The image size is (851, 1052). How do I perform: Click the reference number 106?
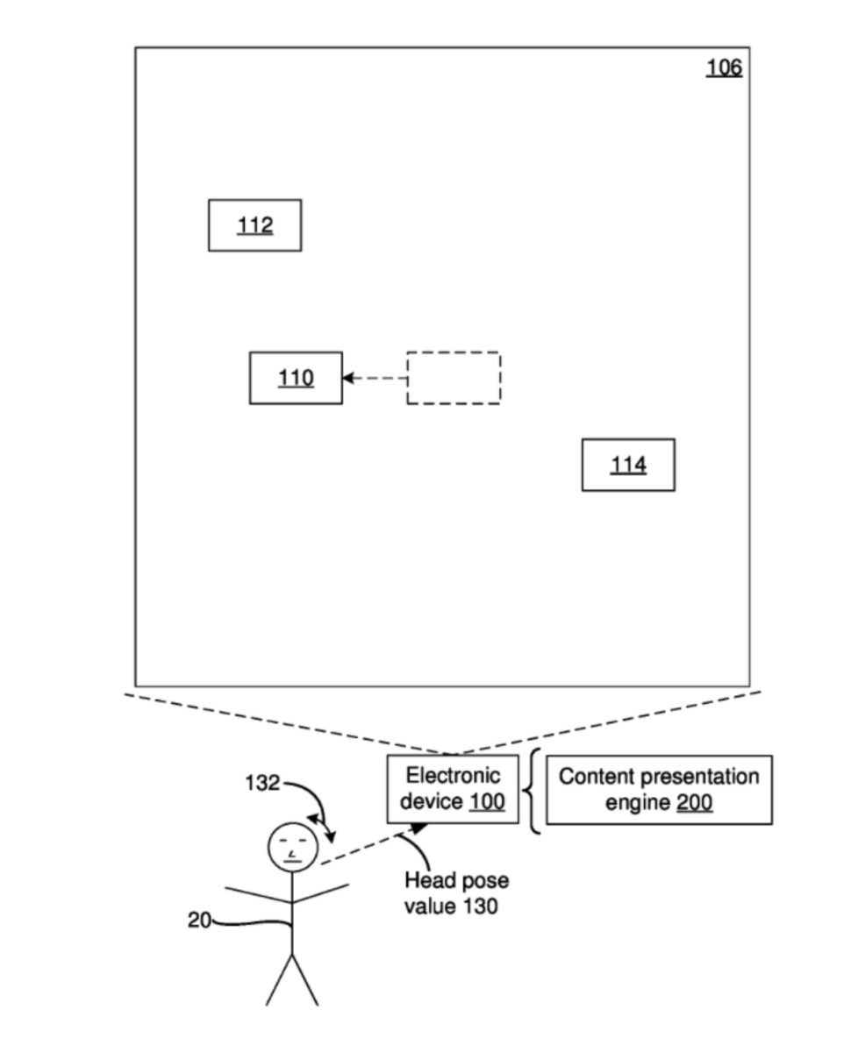click(724, 68)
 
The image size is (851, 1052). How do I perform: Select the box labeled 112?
click(254, 225)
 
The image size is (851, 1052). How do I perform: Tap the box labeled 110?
click(296, 378)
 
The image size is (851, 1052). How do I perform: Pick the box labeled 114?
click(628, 465)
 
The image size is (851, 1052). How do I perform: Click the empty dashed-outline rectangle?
click(454, 378)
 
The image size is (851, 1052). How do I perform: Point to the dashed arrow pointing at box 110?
click(375, 378)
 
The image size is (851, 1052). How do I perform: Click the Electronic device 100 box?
click(453, 788)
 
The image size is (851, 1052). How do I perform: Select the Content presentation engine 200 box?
click(659, 789)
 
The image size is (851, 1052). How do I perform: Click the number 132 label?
click(261, 783)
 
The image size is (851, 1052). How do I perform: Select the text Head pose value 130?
click(455, 892)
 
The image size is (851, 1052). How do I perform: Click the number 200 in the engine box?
click(694, 802)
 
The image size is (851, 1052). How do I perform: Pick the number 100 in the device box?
click(487, 801)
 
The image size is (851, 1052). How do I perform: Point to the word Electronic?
click(453, 776)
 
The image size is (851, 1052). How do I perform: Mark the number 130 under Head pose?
click(479, 906)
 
